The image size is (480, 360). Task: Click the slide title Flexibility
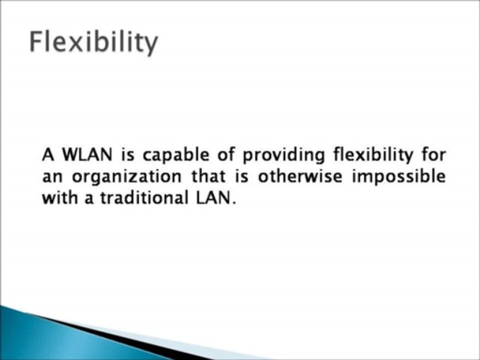click(x=93, y=42)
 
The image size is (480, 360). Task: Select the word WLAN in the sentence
click(x=87, y=154)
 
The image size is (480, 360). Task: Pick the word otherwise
click(x=299, y=176)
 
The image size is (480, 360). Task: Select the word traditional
click(x=144, y=198)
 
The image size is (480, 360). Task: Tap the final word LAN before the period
click(x=213, y=198)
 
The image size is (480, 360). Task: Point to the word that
click(x=208, y=176)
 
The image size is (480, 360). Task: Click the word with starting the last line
click(x=59, y=198)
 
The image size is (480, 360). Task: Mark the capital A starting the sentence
click(x=48, y=154)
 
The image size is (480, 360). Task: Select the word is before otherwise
click(x=242, y=176)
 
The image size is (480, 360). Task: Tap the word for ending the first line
click(x=433, y=154)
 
